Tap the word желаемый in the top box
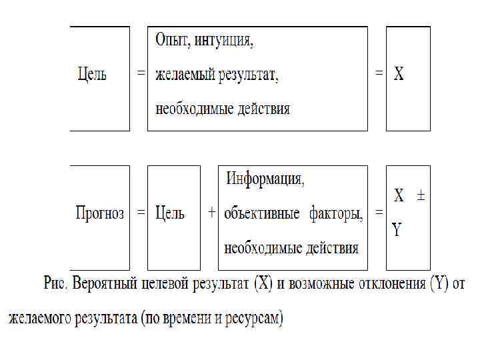pos(185,75)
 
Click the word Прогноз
pos(100,213)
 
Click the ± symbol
pos(421,196)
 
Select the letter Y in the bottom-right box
pos(397,231)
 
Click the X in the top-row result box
pos(398,74)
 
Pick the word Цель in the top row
pos(91,74)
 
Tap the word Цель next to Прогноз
pos(169,213)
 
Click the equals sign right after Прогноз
pos(141,213)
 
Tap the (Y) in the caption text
pos(439,285)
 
